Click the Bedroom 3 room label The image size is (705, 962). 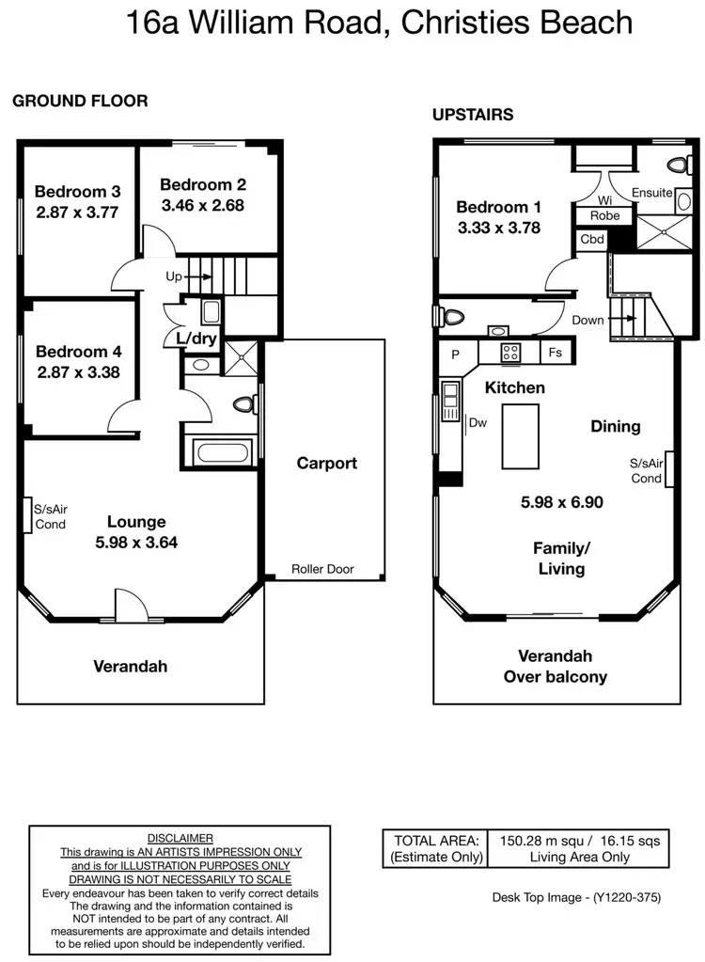tap(78, 192)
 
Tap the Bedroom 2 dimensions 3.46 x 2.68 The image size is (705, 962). tap(203, 205)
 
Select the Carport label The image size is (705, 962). tap(326, 463)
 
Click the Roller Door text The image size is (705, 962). tap(322, 569)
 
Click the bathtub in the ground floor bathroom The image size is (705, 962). tap(222, 450)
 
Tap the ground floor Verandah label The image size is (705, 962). tap(130, 667)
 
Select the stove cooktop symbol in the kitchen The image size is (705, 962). tap(511, 354)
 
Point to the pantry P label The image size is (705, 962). tap(456, 355)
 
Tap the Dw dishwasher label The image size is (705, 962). tap(477, 422)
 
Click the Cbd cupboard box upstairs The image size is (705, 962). tap(591, 239)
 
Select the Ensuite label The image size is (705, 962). tap(651, 193)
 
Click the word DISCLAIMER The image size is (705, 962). tap(180, 838)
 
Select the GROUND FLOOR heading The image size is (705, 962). tap(80, 102)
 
